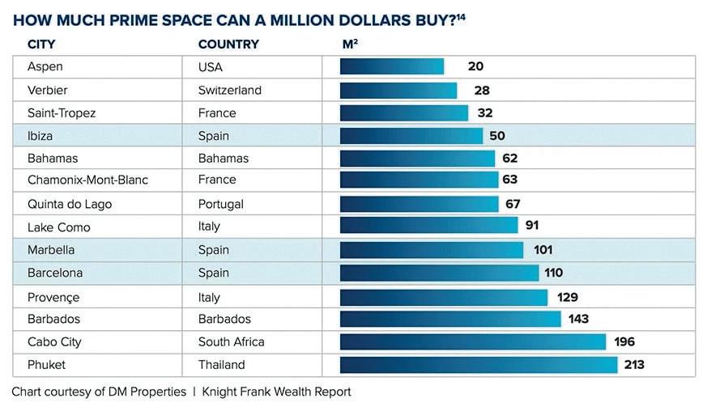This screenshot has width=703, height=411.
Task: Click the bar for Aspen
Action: point(392,66)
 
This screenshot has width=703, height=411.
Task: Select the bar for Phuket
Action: point(479,365)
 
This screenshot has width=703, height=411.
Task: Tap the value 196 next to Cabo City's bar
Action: point(624,342)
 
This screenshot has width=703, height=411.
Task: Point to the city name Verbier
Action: point(49,91)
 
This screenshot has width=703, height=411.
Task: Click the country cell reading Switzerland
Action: point(230,91)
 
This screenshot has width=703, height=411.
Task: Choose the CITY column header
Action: point(41,44)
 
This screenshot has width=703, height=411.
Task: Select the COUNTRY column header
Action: point(228,44)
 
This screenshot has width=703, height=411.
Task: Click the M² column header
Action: point(350,44)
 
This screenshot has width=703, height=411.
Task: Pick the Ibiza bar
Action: point(411,136)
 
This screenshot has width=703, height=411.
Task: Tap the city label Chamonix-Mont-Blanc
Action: point(87,180)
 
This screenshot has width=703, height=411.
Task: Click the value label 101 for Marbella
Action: point(543,250)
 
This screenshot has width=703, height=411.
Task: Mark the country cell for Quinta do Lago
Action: point(221,204)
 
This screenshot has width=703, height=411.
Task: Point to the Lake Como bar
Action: point(428,226)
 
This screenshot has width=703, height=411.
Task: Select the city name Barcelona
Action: point(55,273)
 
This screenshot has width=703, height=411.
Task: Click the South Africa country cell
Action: point(232,342)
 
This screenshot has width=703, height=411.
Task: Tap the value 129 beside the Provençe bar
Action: point(567,298)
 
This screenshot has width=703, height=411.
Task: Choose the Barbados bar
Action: point(450,319)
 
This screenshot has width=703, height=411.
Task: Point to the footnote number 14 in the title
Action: point(460,15)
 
